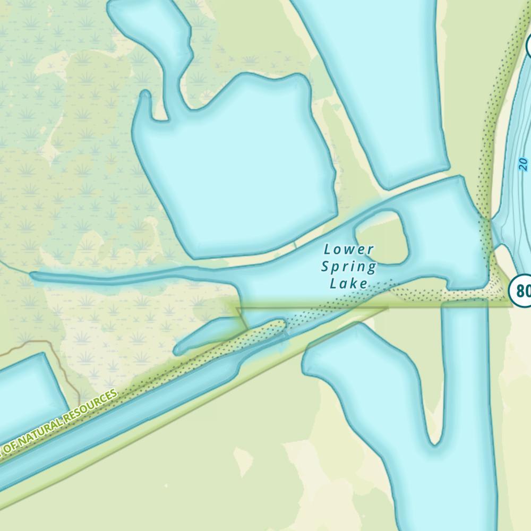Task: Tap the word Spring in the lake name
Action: point(349,267)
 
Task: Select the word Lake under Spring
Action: point(349,284)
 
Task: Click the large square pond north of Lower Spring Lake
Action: point(234,170)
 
